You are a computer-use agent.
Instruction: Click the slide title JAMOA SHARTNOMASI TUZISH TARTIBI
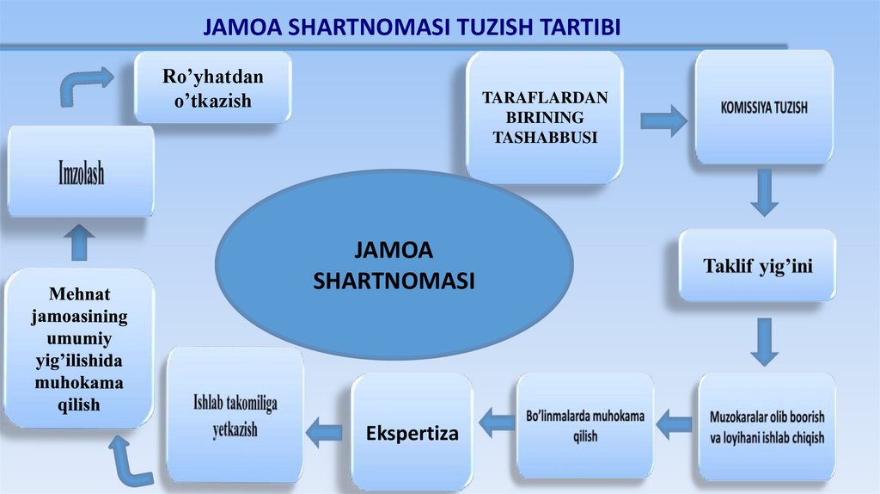(x=412, y=28)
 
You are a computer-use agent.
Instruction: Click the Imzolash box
(x=81, y=174)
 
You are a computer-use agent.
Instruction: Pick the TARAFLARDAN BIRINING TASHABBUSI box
(x=544, y=117)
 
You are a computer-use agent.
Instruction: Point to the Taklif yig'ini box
(x=757, y=266)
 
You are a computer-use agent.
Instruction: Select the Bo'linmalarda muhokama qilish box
(x=584, y=425)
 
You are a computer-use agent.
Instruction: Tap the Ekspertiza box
(x=412, y=433)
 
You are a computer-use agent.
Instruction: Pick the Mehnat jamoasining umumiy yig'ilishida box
(x=80, y=348)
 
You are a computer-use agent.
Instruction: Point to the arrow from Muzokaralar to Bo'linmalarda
(x=675, y=422)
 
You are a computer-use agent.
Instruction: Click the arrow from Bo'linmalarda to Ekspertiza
(x=497, y=423)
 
